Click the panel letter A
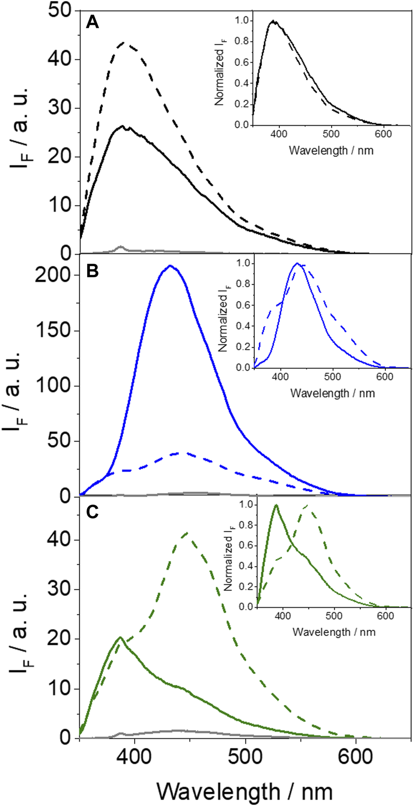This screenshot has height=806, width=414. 92,21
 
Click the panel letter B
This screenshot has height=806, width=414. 92,271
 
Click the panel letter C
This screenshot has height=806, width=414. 92,512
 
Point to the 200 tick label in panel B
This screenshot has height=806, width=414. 54,275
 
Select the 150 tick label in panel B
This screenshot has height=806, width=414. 54,331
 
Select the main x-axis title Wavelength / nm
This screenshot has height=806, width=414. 245,791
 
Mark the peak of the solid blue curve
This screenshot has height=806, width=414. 170,266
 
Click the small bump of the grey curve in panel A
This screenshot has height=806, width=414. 120,247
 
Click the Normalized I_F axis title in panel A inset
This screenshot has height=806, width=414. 219,71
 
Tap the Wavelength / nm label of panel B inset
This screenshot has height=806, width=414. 332,393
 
